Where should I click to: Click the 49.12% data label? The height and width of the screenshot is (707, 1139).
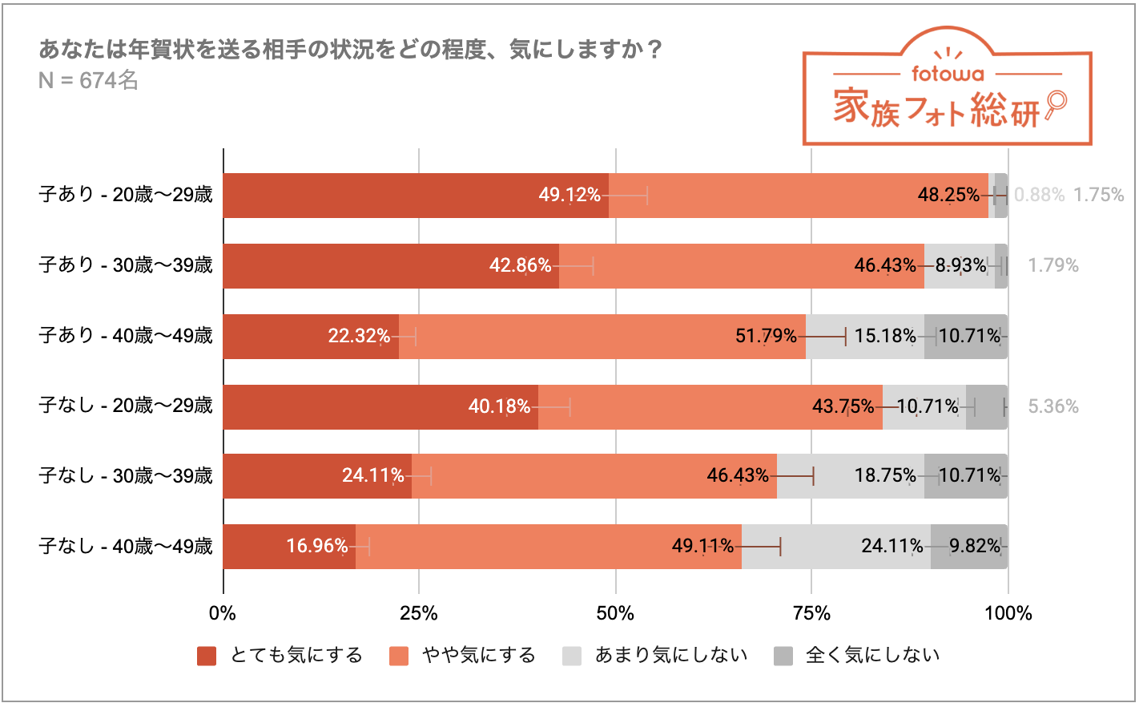pyautogui.click(x=569, y=195)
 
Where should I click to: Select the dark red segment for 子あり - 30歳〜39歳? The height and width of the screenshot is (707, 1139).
pyautogui.click(x=390, y=266)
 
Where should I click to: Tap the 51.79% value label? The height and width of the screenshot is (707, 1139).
pyautogui.click(x=766, y=336)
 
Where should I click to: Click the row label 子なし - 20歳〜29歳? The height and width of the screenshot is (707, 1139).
pyautogui.click(x=126, y=406)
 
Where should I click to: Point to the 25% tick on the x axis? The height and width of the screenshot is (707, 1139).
pyautogui.click(x=418, y=613)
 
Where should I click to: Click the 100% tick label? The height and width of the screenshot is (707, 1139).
pyautogui.click(x=1008, y=613)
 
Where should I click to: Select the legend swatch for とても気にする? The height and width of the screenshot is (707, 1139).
pyautogui.click(x=207, y=656)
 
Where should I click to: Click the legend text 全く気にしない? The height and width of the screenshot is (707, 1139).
pyautogui.click(x=872, y=656)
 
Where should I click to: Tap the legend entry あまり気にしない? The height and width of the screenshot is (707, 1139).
pyautogui.click(x=670, y=656)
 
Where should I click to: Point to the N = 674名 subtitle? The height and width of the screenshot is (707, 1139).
pyautogui.click(x=88, y=81)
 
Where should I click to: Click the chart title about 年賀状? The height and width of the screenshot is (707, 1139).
pyautogui.click(x=351, y=50)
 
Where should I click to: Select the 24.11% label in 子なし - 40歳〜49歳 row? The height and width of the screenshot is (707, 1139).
pyautogui.click(x=891, y=546)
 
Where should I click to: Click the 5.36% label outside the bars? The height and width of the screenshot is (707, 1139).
pyautogui.click(x=1052, y=406)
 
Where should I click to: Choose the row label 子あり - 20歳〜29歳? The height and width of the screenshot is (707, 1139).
pyautogui.click(x=126, y=195)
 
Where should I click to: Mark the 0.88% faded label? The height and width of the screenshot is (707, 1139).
pyautogui.click(x=1039, y=195)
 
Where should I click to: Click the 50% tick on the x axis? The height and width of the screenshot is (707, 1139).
pyautogui.click(x=615, y=613)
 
